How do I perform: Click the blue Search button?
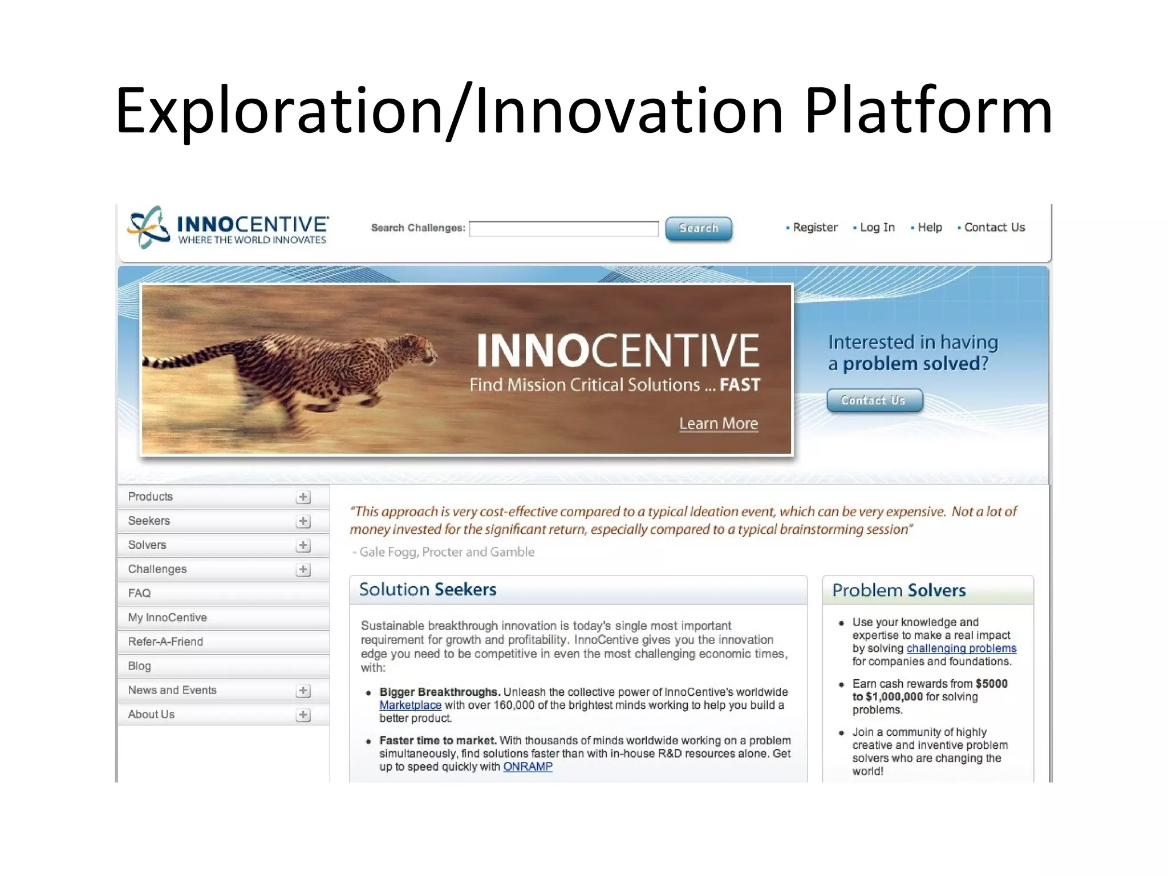pos(698,229)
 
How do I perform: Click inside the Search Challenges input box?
pos(563,229)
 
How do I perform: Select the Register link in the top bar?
pos(815,228)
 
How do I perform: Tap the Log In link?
pos(877,228)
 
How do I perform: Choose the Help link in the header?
pos(930,228)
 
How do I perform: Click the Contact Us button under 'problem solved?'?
pos(874,400)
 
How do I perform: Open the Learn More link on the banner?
pos(718,424)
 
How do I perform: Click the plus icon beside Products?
pos(303,497)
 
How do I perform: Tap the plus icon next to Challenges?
pos(303,570)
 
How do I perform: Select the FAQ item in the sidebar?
pos(140,593)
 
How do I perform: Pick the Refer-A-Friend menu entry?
pos(165,642)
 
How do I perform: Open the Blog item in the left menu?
pos(140,666)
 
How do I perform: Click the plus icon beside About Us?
pos(303,715)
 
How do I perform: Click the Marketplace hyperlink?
pos(410,705)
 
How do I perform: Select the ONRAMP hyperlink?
pos(528,767)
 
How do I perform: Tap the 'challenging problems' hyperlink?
pos(961,648)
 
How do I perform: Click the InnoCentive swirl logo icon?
pos(147,227)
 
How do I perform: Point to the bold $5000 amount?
pos(991,684)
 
